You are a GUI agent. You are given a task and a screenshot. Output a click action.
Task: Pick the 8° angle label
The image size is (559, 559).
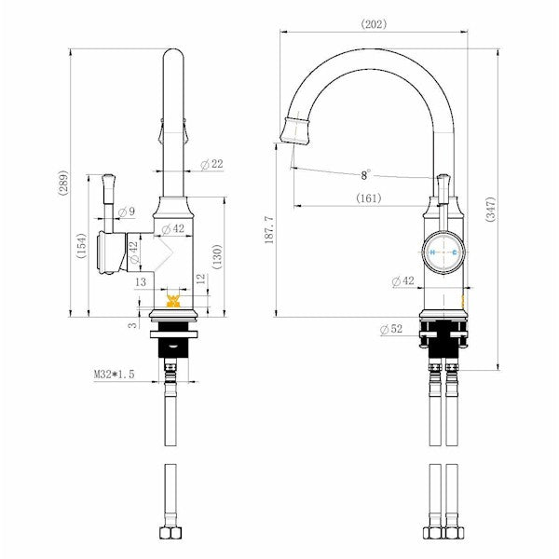point(364,174)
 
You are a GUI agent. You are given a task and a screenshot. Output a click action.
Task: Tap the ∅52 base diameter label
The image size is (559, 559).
point(391,329)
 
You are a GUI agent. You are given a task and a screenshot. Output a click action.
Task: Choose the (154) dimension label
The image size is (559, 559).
point(81,246)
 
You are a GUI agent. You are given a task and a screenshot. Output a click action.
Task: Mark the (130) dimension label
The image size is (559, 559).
point(217,256)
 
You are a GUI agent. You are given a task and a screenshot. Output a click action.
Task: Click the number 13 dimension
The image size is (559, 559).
point(142,280)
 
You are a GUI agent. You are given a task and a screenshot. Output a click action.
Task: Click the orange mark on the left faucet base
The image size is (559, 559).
point(172,300)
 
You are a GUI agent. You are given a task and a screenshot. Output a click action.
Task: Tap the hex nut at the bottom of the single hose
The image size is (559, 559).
point(171,535)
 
